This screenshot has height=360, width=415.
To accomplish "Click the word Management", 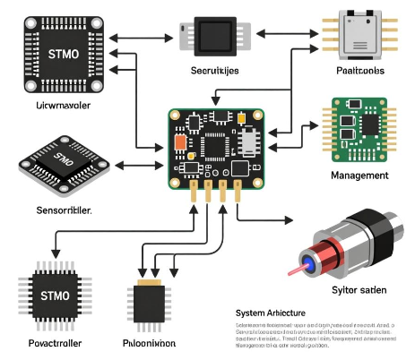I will coord(359,176).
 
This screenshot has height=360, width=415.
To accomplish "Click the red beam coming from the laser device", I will coord(296,268).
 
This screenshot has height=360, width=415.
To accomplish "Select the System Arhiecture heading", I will coord(270,313).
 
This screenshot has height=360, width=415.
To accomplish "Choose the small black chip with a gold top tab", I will coord(148,300).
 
